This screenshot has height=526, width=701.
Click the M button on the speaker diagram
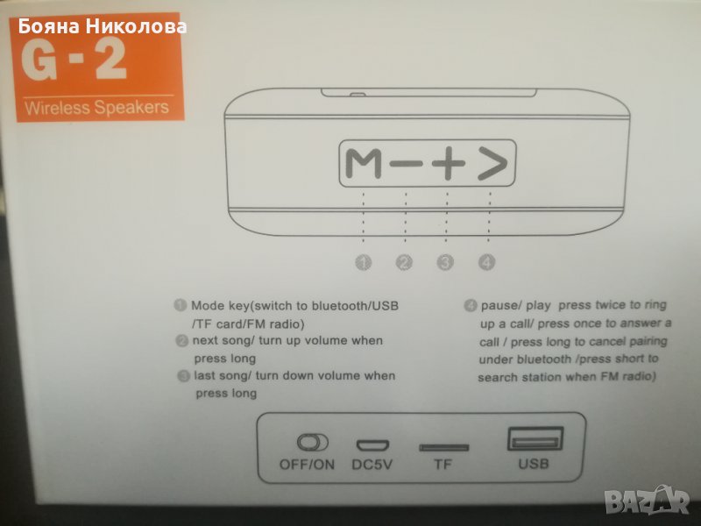click(364, 164)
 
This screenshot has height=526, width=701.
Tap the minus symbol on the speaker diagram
click(406, 163)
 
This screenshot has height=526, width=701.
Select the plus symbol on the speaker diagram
click(449, 163)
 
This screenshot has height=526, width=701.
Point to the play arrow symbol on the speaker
click(492, 163)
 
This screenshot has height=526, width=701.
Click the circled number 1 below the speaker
click(363, 262)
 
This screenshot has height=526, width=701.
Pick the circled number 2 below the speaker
click(404, 262)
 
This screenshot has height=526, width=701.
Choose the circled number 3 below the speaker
click(445, 262)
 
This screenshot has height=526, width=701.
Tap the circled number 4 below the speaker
click(486, 262)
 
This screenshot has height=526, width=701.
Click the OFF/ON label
click(308, 465)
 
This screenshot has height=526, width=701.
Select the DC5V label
click(372, 465)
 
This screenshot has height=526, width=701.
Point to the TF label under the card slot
click(443, 465)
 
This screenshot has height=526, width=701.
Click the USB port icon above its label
click(535, 439)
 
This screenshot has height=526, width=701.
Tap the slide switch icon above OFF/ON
click(313, 443)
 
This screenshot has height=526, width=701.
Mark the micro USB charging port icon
click(372, 445)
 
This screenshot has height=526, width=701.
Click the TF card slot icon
click(443, 447)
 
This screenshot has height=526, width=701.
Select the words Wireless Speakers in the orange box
click(96, 108)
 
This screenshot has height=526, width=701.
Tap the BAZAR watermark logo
click(648, 500)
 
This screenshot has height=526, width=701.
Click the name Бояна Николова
click(103, 27)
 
